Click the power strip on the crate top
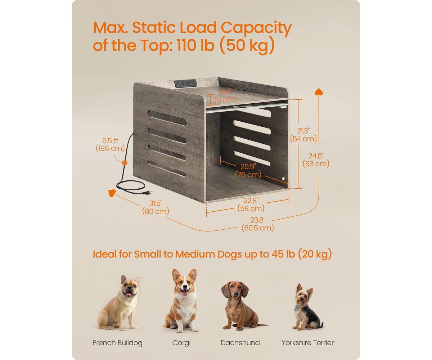pyautogui.click(x=185, y=83)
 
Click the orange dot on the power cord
pyautogui.click(x=125, y=163)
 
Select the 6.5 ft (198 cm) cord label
pyautogui.click(x=110, y=144)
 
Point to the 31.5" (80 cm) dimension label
pyautogui.click(x=156, y=208)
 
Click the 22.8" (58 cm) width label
pyautogui.click(x=251, y=204)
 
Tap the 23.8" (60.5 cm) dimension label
pyautogui.click(x=257, y=224)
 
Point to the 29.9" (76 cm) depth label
pyautogui.click(x=248, y=170)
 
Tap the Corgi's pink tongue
pyautogui.click(x=185, y=292)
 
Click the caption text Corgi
pyautogui.click(x=181, y=343)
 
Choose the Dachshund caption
pyautogui.click(x=240, y=343)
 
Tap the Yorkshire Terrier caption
pyautogui.click(x=307, y=343)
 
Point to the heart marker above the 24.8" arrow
pyautogui.click(x=318, y=92)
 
